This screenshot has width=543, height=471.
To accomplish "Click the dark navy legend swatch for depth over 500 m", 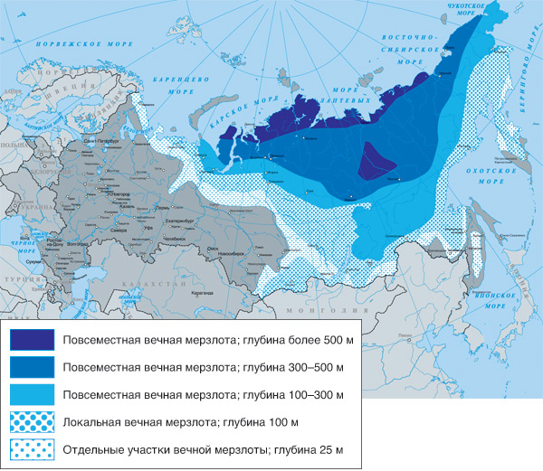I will click(x=33, y=340).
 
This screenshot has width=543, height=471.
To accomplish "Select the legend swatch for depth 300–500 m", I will click(x=33, y=367).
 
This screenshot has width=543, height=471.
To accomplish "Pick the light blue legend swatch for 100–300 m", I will click(x=33, y=394).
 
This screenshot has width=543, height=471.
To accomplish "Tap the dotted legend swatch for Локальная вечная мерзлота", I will click(x=33, y=421).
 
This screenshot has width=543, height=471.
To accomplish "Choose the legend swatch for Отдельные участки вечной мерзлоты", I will click(x=33, y=448).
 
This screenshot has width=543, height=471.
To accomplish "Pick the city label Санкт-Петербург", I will click(x=102, y=143).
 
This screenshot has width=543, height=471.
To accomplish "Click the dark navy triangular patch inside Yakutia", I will click(x=375, y=160).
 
